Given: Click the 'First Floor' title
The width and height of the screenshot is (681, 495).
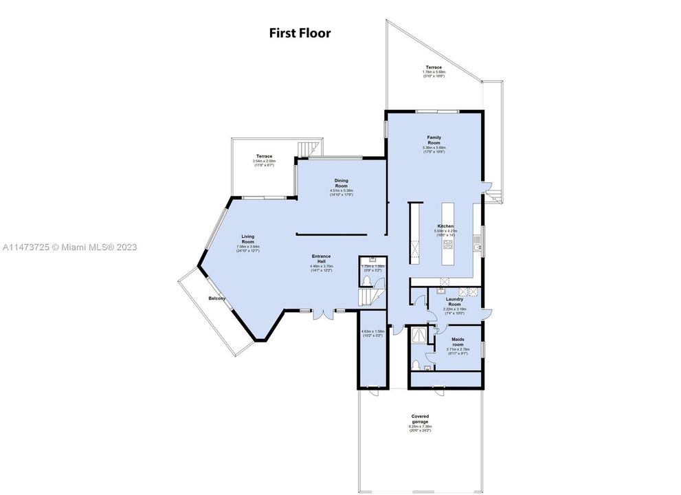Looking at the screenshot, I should pyautogui.click(x=299, y=33).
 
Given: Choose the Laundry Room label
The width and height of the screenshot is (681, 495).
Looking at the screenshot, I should pyautogui.click(x=454, y=302).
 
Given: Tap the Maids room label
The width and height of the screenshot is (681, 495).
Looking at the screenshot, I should pyautogui.click(x=457, y=342).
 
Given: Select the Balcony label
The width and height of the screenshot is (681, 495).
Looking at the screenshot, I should pyautogui.click(x=217, y=298).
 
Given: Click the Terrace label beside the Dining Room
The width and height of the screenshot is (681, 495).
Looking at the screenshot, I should pyautogui.click(x=265, y=157).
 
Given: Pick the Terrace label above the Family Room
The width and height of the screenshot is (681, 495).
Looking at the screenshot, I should pyautogui.click(x=433, y=68).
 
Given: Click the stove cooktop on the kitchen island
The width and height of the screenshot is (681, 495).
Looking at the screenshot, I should pyautogui.click(x=448, y=243).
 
